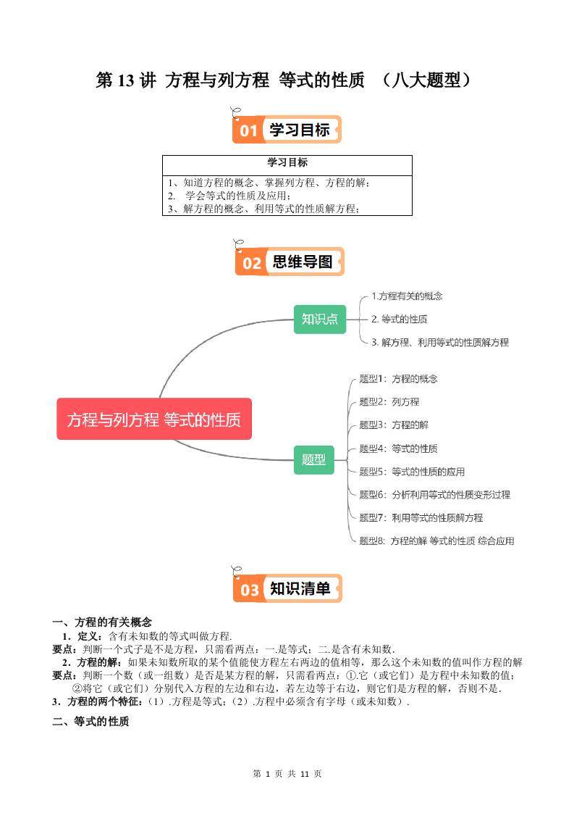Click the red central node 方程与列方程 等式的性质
pos(154,419)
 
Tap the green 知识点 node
pos(320,319)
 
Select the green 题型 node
pos(313,459)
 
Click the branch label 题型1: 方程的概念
pos(398,379)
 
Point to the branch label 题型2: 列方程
pos(389,401)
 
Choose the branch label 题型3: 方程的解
pos(394,425)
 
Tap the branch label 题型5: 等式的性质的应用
pos(412,471)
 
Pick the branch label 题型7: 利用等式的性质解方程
pos(421,517)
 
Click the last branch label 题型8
pos(436,541)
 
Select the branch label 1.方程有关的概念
pos(406,296)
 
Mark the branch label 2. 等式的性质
pos(399,319)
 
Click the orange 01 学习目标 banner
pos(287,130)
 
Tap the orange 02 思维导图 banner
pos(289,262)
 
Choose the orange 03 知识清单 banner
pos(287,589)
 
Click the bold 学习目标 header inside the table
pos(287,162)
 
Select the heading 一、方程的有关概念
pos(102,622)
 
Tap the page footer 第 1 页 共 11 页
pos(287,773)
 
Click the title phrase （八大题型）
pos(426,80)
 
